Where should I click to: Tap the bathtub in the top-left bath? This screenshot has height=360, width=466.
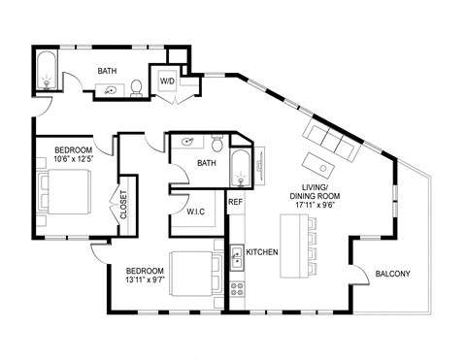point(46,73)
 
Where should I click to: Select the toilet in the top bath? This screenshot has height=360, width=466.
point(138,87)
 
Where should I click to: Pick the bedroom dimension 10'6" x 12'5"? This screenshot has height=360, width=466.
point(74,161)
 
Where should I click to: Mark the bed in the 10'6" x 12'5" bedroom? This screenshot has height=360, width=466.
point(65,191)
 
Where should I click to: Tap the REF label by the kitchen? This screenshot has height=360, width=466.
point(234,203)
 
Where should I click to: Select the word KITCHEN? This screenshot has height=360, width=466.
point(262,252)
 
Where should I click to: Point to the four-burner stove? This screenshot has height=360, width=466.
point(236,288)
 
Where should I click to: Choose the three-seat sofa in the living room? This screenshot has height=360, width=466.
point(333,141)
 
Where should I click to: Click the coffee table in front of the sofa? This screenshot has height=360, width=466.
point(318,161)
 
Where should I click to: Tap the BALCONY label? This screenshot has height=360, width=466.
point(393,274)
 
